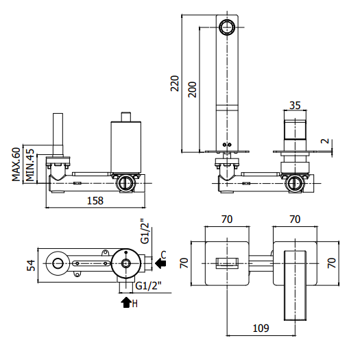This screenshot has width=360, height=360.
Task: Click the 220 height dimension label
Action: (x=175, y=84)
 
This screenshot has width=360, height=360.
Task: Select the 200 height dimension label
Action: (x=193, y=90)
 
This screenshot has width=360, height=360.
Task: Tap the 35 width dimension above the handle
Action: (x=295, y=106)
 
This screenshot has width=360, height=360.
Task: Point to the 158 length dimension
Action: (x=95, y=201)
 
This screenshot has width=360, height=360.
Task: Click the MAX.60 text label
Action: (x=16, y=165)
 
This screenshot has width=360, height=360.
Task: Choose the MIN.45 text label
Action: (x=30, y=165)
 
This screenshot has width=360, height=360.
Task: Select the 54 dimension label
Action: (x=31, y=265)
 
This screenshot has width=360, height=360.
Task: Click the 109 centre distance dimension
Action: (x=261, y=328)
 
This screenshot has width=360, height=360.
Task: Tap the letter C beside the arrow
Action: (x=163, y=255)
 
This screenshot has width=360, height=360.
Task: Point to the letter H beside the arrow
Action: (x=135, y=304)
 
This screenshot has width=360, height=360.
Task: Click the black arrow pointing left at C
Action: (x=160, y=263)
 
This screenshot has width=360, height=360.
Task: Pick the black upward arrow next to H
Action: (x=125, y=302)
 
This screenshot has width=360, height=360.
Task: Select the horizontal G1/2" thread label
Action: (x=148, y=286)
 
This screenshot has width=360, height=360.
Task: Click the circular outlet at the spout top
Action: (x=227, y=27)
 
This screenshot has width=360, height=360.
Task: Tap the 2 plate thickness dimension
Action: (x=325, y=141)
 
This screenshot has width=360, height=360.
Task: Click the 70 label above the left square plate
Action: (x=227, y=219)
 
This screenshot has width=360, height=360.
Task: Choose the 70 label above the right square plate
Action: (x=295, y=219)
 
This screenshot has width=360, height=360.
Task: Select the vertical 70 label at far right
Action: (x=332, y=263)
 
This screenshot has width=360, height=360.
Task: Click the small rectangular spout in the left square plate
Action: (x=227, y=263)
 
